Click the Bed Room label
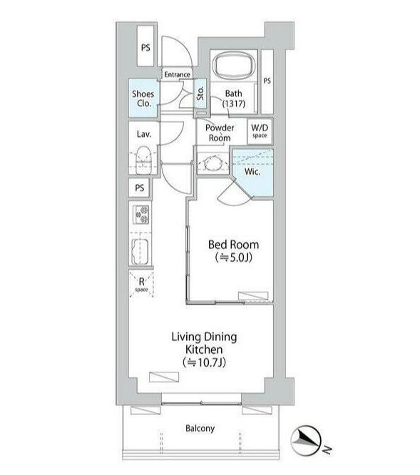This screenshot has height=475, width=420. pyautogui.click(x=233, y=245)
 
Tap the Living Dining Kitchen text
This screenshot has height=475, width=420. pyautogui.click(x=205, y=343)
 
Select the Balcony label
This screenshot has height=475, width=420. pyautogui.click(x=200, y=429)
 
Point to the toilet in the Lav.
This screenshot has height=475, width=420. pyautogui.click(x=143, y=160)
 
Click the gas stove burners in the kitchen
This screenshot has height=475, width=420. pyautogui.click(x=142, y=214)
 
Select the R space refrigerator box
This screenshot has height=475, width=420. pyautogui.click(x=141, y=285)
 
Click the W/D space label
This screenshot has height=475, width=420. pyautogui.click(x=260, y=131)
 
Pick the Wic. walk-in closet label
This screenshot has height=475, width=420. pyautogui.click(x=252, y=172)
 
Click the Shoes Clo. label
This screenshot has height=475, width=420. pyautogui.click(x=143, y=98)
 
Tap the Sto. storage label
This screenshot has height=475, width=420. pyautogui.click(x=200, y=93)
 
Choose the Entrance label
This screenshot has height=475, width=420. pyautogui.click(x=177, y=74)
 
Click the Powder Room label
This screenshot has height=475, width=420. pyautogui.click(x=220, y=133)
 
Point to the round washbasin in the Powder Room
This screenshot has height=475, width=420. pyautogui.click(x=214, y=164)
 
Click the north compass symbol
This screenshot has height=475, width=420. pyautogui.click(x=306, y=441)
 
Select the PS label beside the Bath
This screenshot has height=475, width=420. pyautogui.click(x=267, y=81)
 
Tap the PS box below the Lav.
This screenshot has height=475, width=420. pyautogui.click(x=139, y=188)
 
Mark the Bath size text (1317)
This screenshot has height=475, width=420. pyautogui.click(x=234, y=103)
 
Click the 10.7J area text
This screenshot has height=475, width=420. pyautogui.click(x=205, y=362)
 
